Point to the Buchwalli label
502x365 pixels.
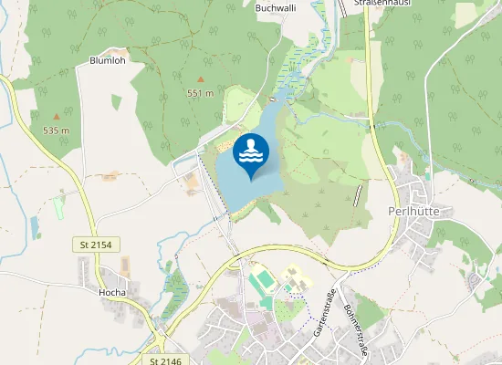[277, 7]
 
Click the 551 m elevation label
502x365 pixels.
[200, 93]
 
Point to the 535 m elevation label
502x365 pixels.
[56, 130]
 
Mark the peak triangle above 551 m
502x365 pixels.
[201, 79]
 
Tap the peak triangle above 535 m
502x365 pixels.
[57, 117]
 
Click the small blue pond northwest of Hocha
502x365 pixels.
[35, 226]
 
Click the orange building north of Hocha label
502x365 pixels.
[125, 266]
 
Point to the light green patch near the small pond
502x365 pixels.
[59, 207]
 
